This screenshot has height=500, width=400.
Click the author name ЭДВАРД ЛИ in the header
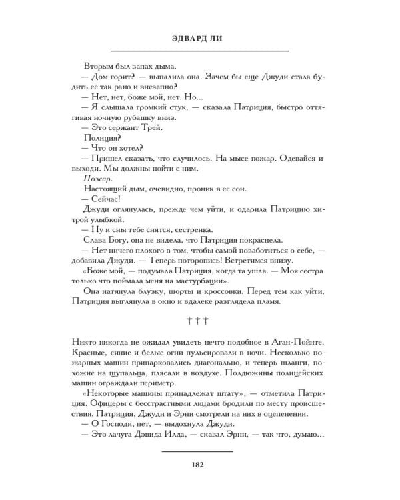(199, 38)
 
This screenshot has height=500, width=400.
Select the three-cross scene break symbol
(199, 321)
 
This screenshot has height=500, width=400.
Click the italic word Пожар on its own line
(97, 179)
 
